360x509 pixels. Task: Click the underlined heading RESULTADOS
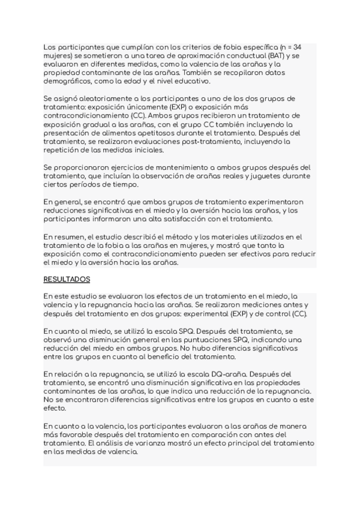[67, 279]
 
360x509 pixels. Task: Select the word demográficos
[67, 81]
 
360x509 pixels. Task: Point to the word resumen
[71, 236]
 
